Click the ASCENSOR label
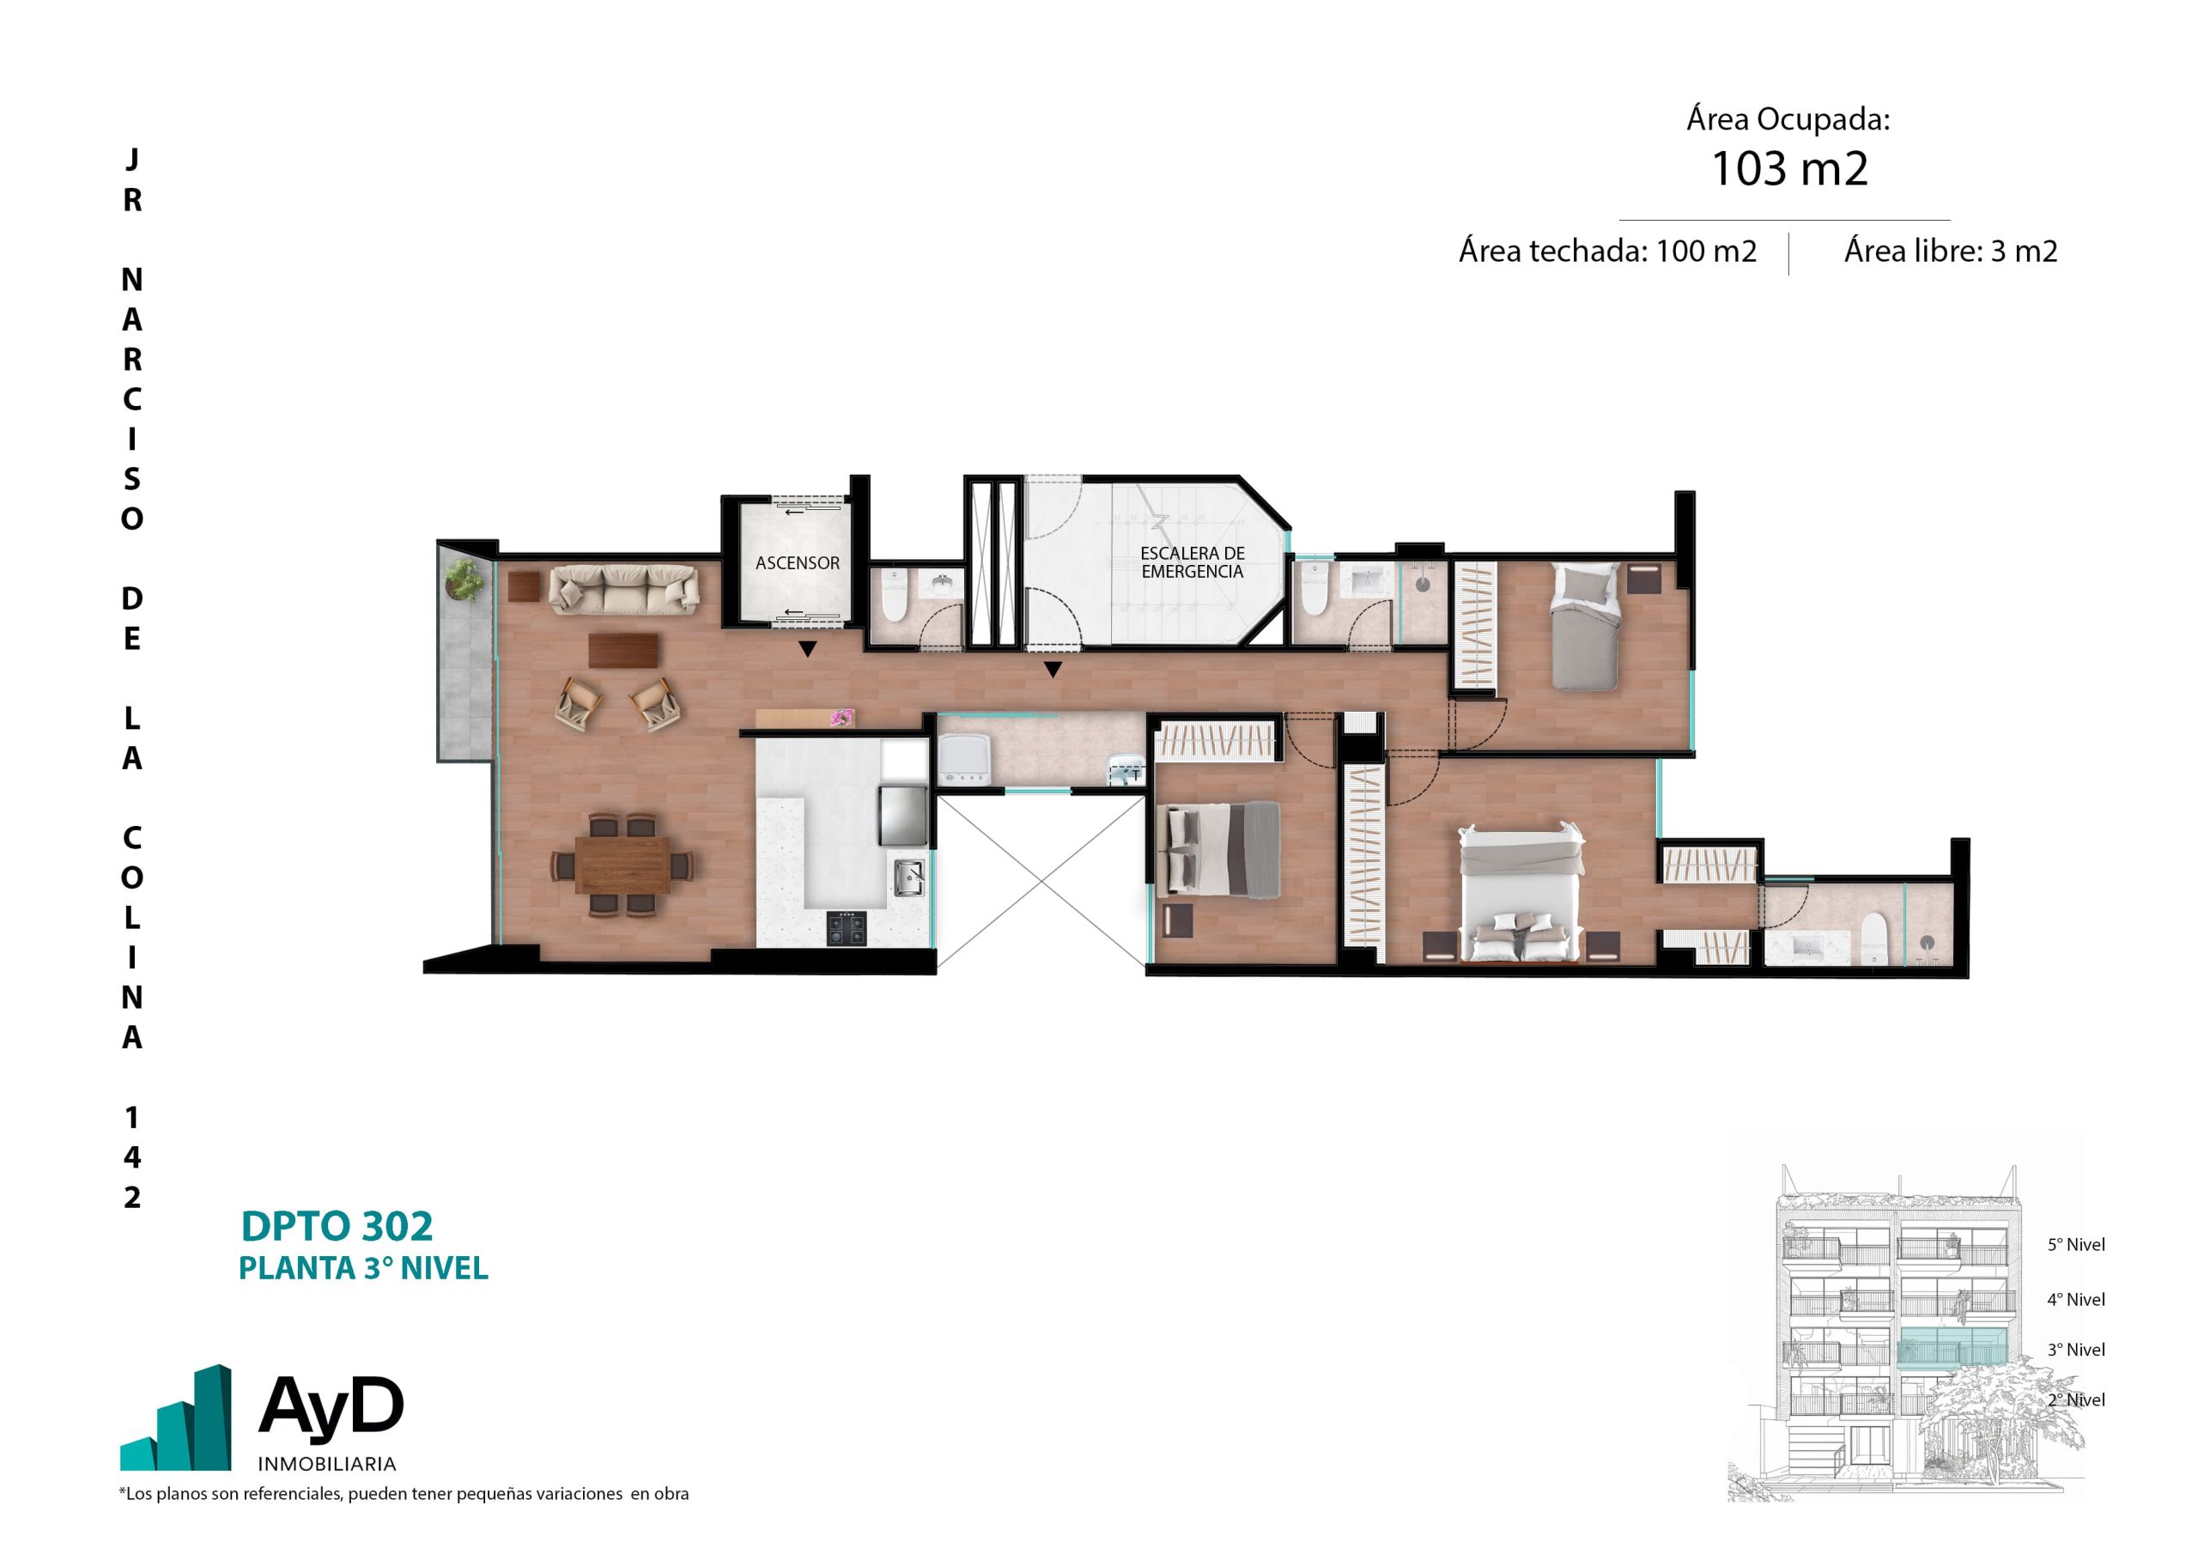click(x=797, y=563)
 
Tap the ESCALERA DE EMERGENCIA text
click(x=1192, y=562)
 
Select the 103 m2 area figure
click(x=1788, y=168)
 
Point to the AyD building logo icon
click(x=175, y=1418)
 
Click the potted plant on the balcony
click(x=465, y=580)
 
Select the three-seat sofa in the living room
click(x=623, y=588)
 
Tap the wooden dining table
click(x=622, y=865)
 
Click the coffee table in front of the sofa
click(x=623, y=650)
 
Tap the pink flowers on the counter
click(x=842, y=716)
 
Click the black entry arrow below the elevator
click(x=807, y=649)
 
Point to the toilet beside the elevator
click(x=893, y=598)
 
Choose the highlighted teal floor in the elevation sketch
click(x=1952, y=1346)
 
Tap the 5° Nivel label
click(x=2075, y=1245)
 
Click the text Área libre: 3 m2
click(x=1950, y=251)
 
